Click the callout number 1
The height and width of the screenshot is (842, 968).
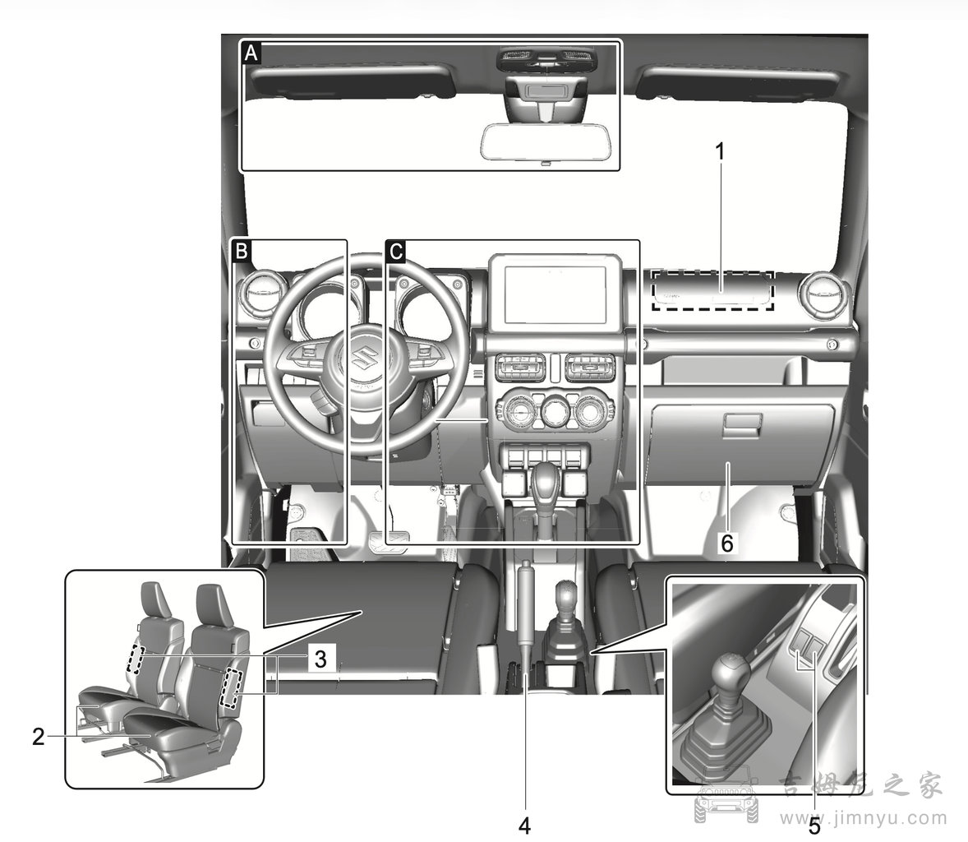click(720, 151)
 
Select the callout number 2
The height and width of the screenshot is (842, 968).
click(38, 735)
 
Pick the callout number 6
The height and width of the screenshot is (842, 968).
click(726, 542)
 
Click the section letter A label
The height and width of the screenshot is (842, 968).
click(251, 54)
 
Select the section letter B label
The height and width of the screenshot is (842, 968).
click(242, 251)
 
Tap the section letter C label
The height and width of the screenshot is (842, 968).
click(395, 251)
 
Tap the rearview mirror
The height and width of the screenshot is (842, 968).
click(544, 141)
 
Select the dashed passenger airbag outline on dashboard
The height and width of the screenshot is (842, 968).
click(713, 290)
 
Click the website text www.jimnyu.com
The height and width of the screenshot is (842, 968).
click(864, 817)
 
